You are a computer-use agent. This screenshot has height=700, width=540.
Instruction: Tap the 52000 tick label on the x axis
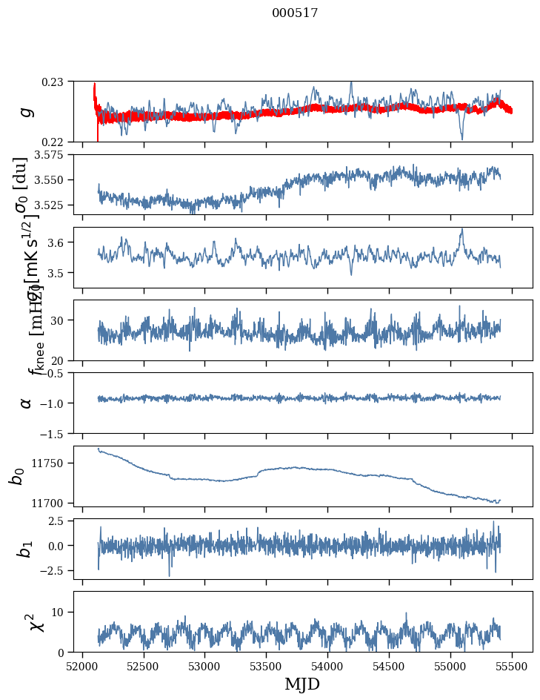(82, 666)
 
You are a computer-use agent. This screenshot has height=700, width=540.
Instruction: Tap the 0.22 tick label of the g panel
(57, 142)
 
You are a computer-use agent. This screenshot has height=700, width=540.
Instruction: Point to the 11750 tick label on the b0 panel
(52, 463)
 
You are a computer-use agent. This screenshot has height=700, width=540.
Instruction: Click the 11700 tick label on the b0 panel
(52, 503)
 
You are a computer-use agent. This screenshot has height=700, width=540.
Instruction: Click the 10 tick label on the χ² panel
(60, 612)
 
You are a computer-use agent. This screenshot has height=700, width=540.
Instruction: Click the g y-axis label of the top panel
(26, 111)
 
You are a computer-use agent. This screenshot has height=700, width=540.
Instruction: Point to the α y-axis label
(26, 402)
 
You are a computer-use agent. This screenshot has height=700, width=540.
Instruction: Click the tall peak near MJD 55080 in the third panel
(461, 230)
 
